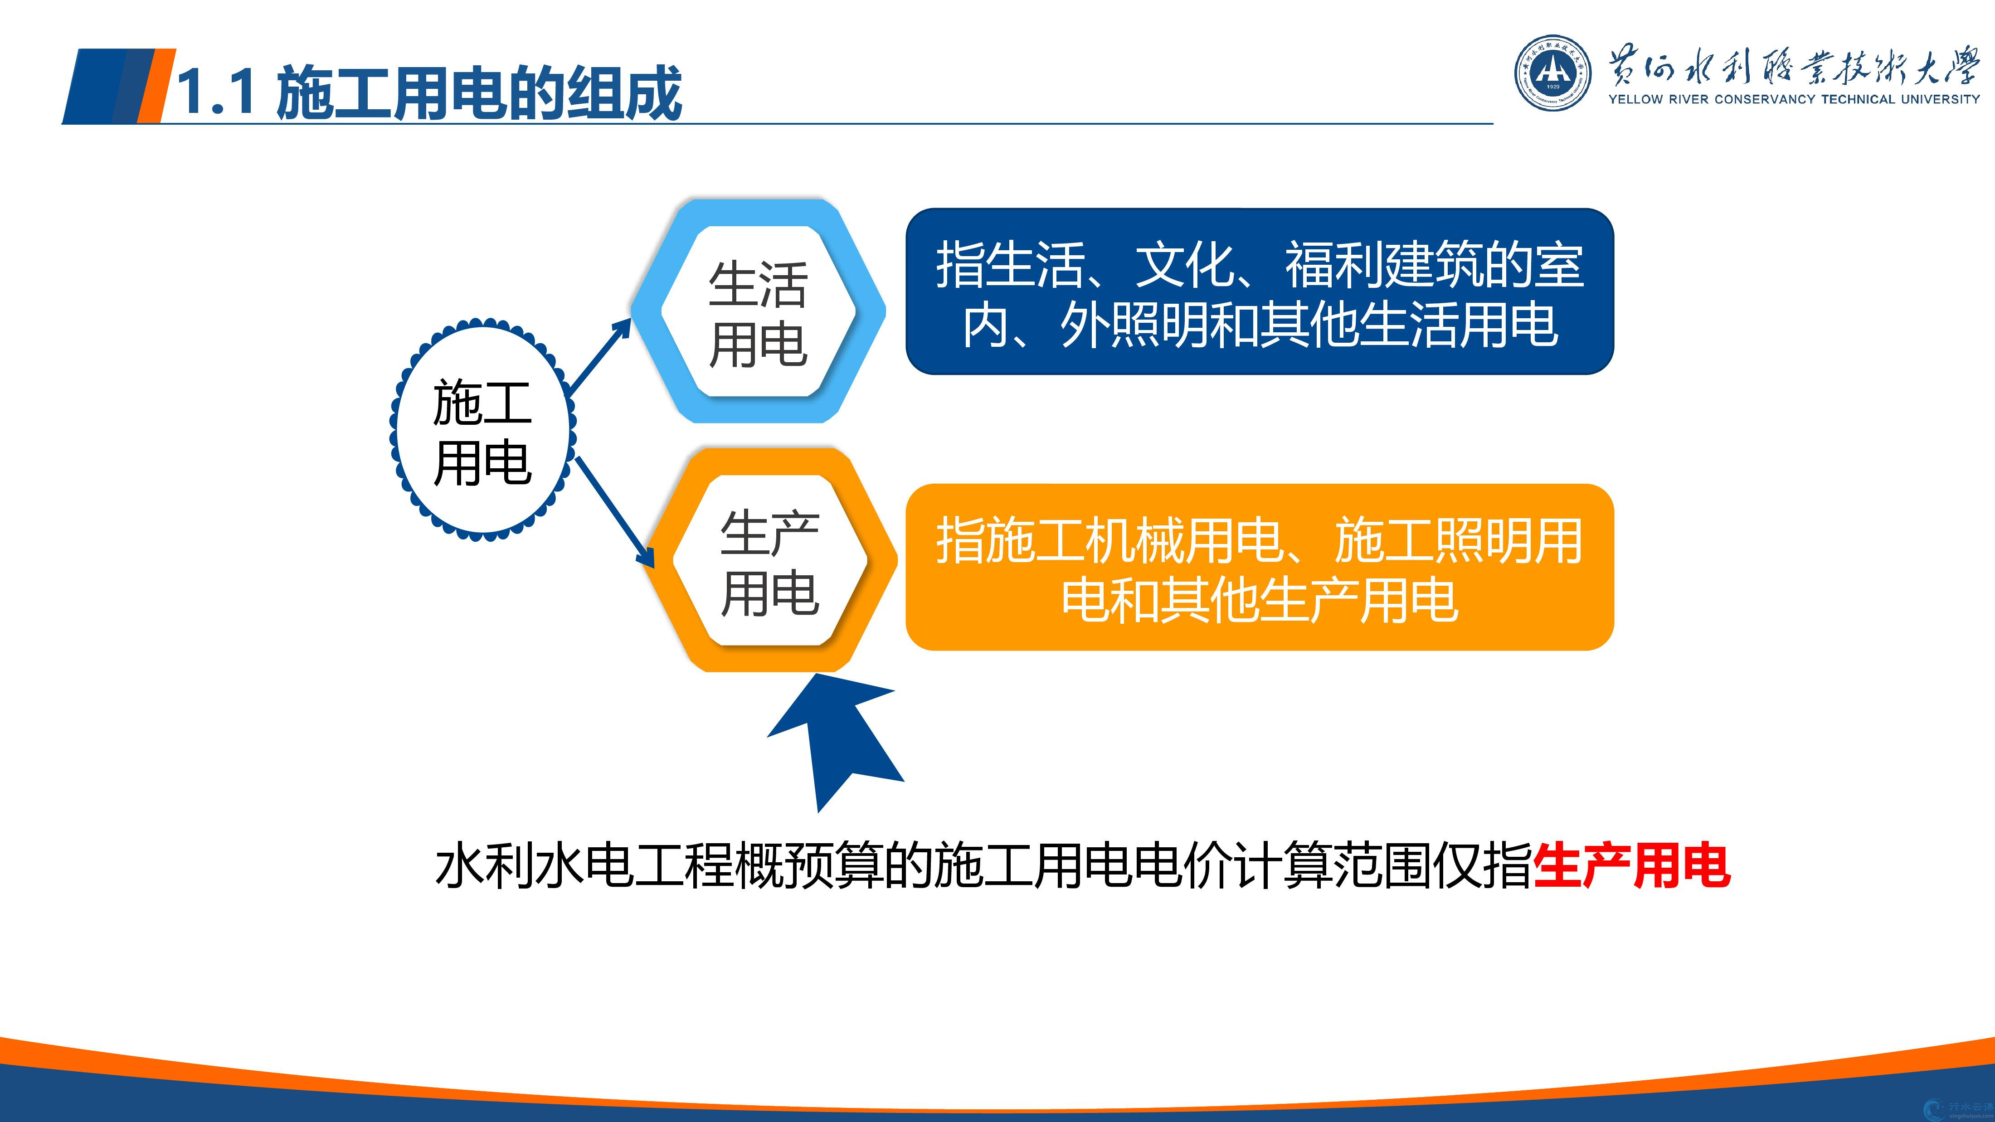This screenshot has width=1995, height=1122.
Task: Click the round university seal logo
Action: [1553, 73]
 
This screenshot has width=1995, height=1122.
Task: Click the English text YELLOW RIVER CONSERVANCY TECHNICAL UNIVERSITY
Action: [1794, 99]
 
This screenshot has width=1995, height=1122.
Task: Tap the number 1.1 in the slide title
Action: [217, 92]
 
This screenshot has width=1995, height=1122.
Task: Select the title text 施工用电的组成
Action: [479, 92]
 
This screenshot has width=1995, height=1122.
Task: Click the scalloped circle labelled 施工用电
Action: [482, 432]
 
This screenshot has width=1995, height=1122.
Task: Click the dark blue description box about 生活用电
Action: [1259, 291]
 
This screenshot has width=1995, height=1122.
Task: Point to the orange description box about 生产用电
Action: [1259, 567]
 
